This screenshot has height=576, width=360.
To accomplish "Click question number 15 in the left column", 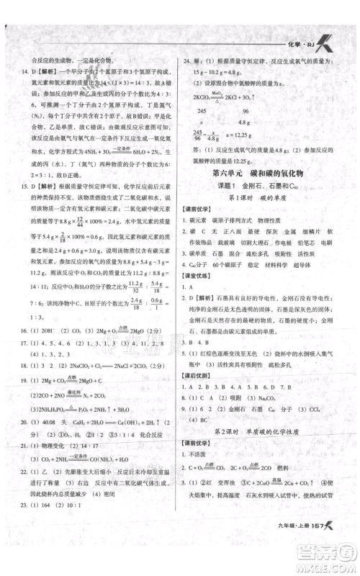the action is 23,185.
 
